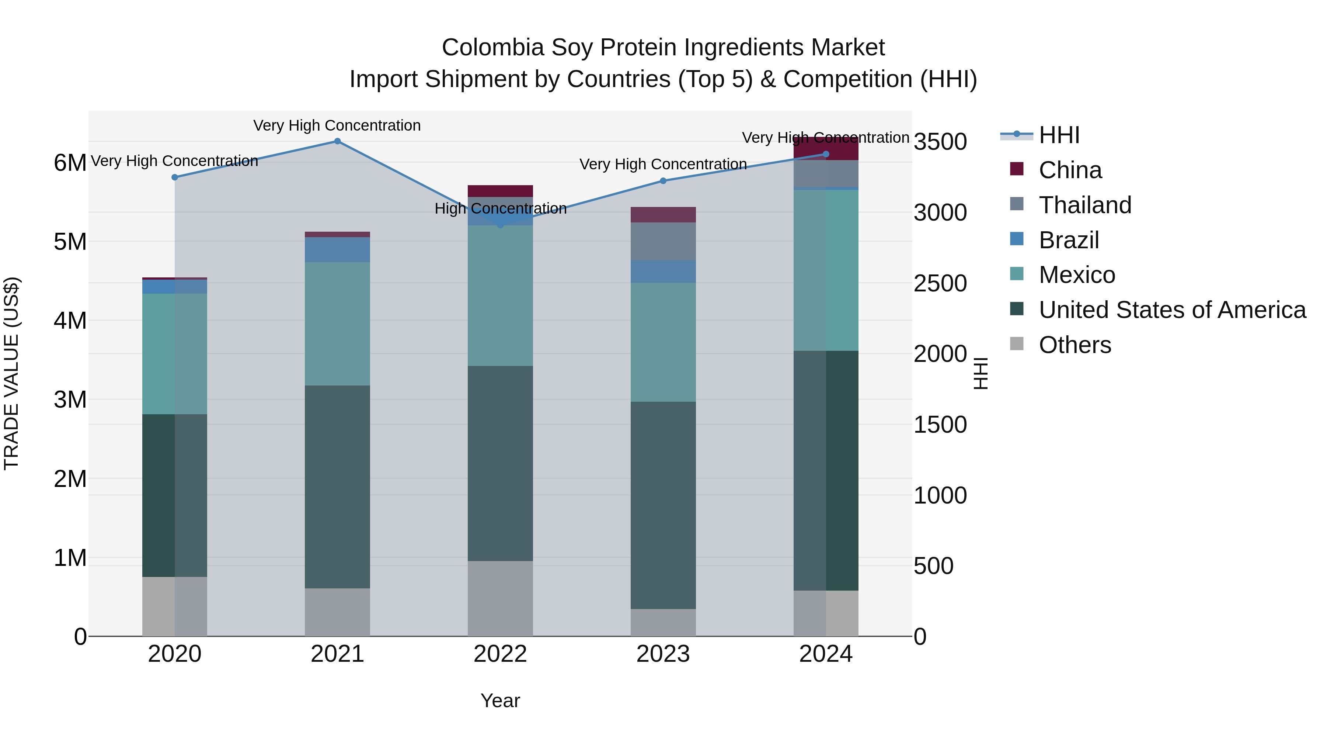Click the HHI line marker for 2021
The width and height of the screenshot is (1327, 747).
click(x=337, y=141)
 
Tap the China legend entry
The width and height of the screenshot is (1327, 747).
click(x=1070, y=170)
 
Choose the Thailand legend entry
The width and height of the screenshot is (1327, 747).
click(x=1085, y=205)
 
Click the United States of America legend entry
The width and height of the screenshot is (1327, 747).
click(x=1172, y=310)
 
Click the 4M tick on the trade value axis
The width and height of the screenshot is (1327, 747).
click(x=70, y=321)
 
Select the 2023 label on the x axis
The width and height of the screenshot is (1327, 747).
click(x=663, y=654)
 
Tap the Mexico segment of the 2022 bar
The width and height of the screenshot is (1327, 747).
click(x=500, y=295)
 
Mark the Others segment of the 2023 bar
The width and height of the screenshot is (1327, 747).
click(x=663, y=622)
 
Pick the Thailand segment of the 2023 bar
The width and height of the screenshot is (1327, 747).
click(x=663, y=241)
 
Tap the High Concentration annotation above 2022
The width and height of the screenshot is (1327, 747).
click(x=500, y=208)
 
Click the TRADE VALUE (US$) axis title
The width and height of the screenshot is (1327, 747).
click(x=11, y=373)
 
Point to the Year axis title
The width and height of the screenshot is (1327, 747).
click(x=500, y=701)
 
